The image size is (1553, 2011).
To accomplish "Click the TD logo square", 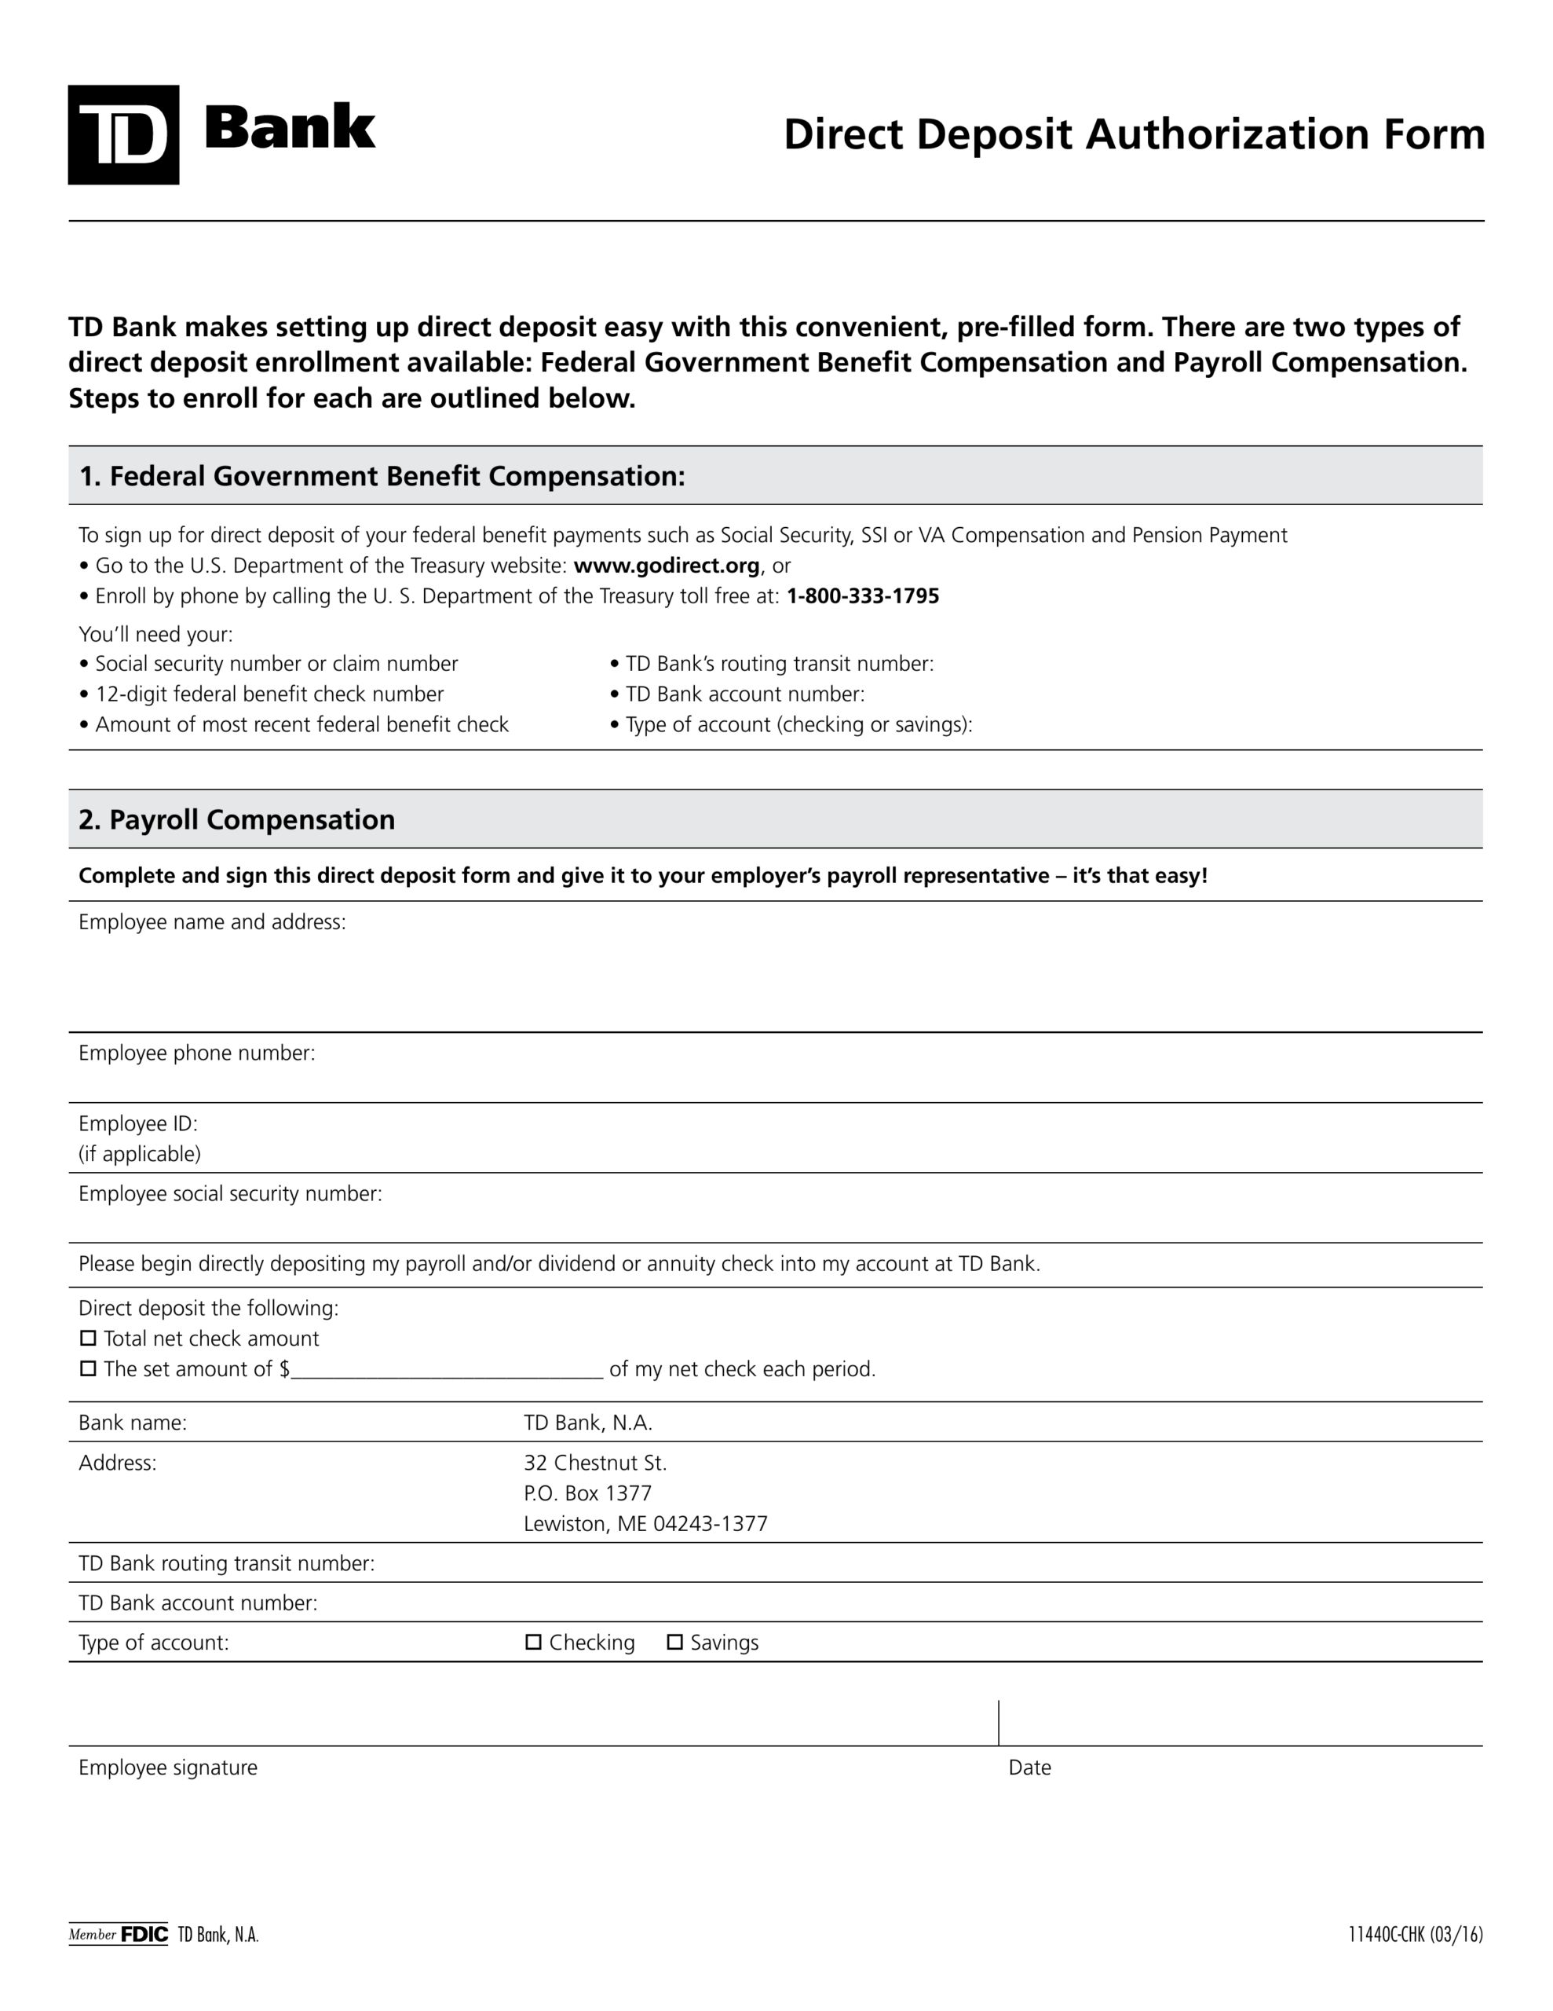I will click(x=123, y=135).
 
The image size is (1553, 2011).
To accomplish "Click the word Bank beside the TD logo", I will click(x=289, y=128).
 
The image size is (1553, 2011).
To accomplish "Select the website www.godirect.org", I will click(x=667, y=566).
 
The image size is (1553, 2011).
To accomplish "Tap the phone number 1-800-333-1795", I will click(x=863, y=595).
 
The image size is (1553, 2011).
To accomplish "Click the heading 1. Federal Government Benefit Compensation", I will click(x=382, y=476).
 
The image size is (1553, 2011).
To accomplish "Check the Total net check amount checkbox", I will click(x=89, y=1338).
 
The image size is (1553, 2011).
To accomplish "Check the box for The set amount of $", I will click(x=89, y=1368).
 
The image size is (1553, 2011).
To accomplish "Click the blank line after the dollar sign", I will click(x=447, y=1370).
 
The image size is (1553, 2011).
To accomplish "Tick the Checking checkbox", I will click(x=533, y=1642).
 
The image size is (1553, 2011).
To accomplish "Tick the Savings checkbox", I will click(x=674, y=1642).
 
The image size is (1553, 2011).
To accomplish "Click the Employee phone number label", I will click(x=197, y=1053).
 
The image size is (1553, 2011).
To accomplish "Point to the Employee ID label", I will click(x=138, y=1123).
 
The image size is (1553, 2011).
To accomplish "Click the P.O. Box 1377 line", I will click(x=587, y=1493).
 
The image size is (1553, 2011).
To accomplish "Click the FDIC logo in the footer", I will click(x=144, y=1935).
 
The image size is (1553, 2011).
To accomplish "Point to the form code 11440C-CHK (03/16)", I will click(x=1415, y=1935).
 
